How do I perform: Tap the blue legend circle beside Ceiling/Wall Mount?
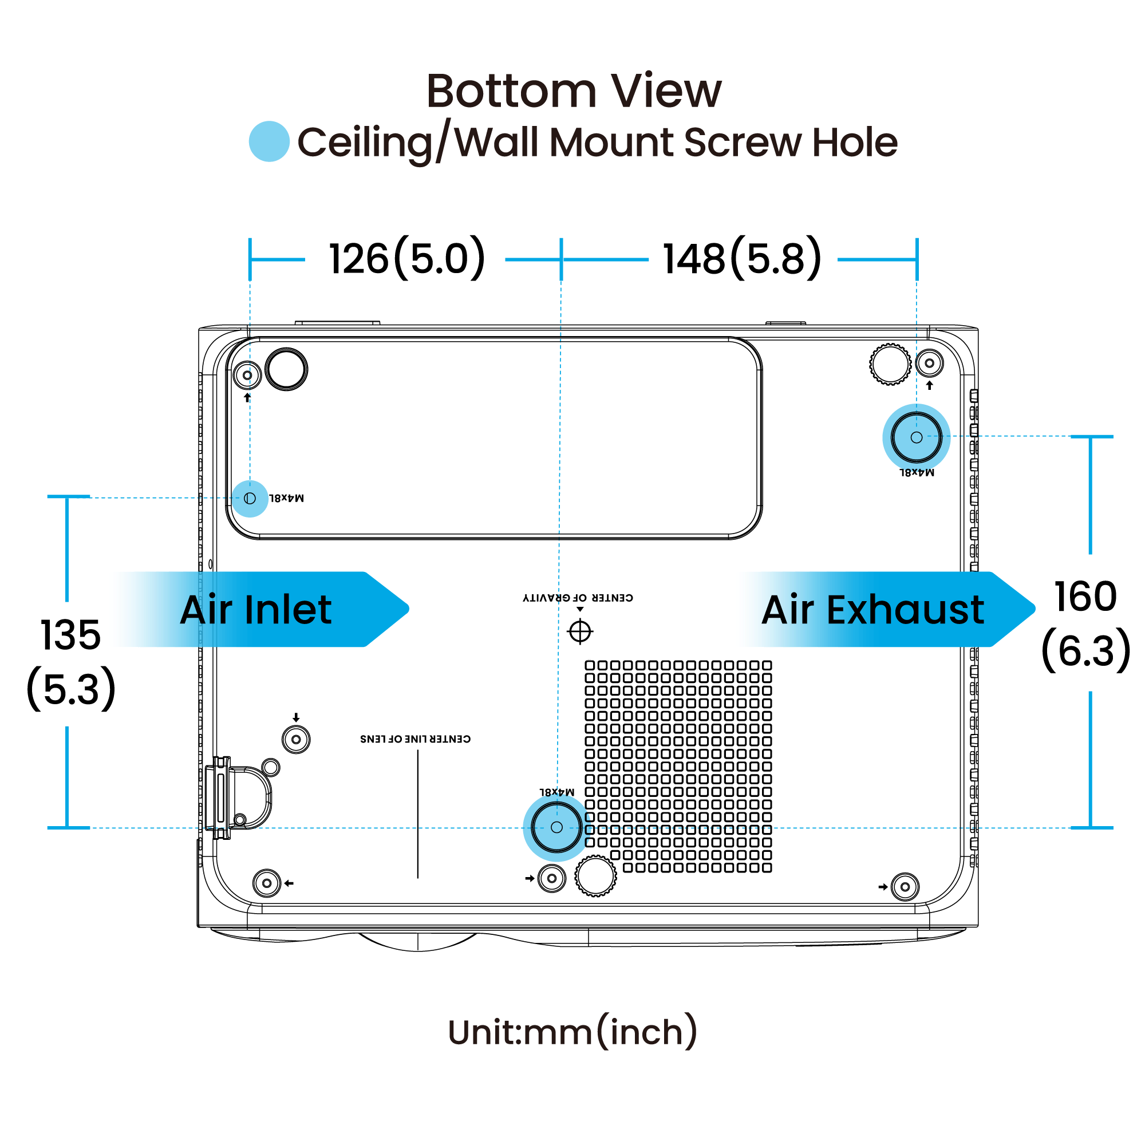269,141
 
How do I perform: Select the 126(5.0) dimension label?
407,258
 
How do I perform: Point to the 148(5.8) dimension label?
742,258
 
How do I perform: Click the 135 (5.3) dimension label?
71,662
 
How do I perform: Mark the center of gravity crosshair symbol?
580,631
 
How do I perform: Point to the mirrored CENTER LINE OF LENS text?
416,739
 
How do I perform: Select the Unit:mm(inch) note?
572,1032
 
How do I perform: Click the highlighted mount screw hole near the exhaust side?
916,437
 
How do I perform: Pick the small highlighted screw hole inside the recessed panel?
250,499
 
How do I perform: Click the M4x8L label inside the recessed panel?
286,498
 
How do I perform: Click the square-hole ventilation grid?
678,767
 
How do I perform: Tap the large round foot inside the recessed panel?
286,369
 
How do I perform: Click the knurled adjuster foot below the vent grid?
595,875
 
